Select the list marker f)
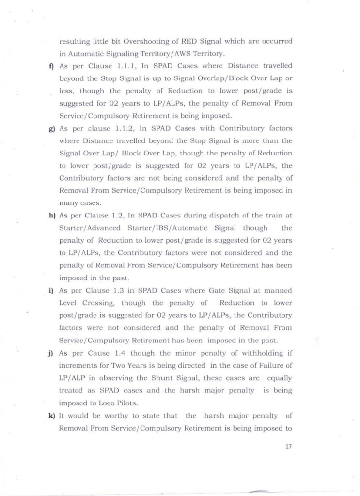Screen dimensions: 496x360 click(50, 65)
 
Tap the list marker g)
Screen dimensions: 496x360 click(50, 128)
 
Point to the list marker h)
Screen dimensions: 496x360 click(50, 215)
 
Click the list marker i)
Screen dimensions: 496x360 click(50, 291)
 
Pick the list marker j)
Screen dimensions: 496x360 click(50, 354)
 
